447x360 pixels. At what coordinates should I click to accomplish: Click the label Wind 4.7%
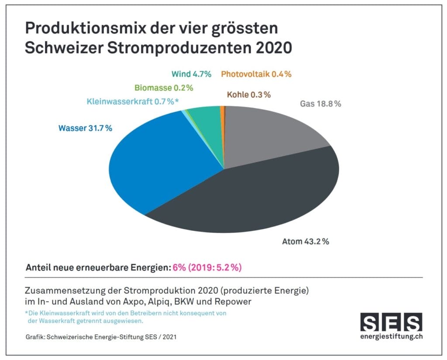[191, 74]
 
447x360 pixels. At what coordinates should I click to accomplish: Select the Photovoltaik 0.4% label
[256, 74]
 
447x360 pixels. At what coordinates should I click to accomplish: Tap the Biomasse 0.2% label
[164, 88]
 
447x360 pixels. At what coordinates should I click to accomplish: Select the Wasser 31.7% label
[85, 128]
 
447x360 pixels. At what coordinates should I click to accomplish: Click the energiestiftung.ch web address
[391, 336]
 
